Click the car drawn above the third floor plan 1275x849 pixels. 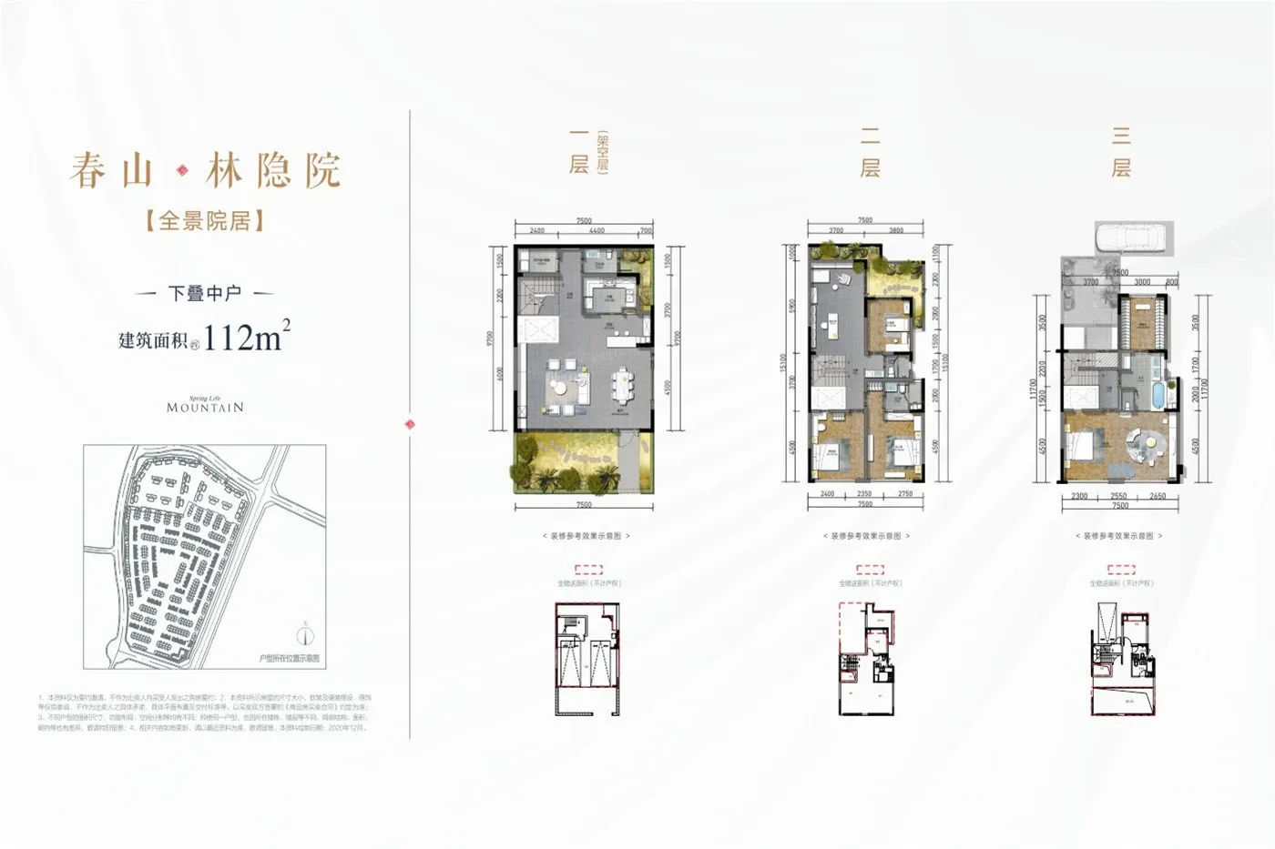tap(1127, 238)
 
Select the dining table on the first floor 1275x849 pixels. tap(624, 383)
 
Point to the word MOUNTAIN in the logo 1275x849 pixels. tap(205, 408)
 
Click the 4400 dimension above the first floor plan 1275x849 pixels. tap(597, 231)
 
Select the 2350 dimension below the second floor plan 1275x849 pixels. tap(864, 494)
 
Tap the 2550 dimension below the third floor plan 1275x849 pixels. tap(1118, 496)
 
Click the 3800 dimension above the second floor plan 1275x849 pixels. tap(895, 231)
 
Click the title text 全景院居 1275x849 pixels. tap(205, 220)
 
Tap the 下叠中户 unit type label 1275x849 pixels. tap(205, 293)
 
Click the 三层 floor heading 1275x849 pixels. tap(1120, 152)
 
